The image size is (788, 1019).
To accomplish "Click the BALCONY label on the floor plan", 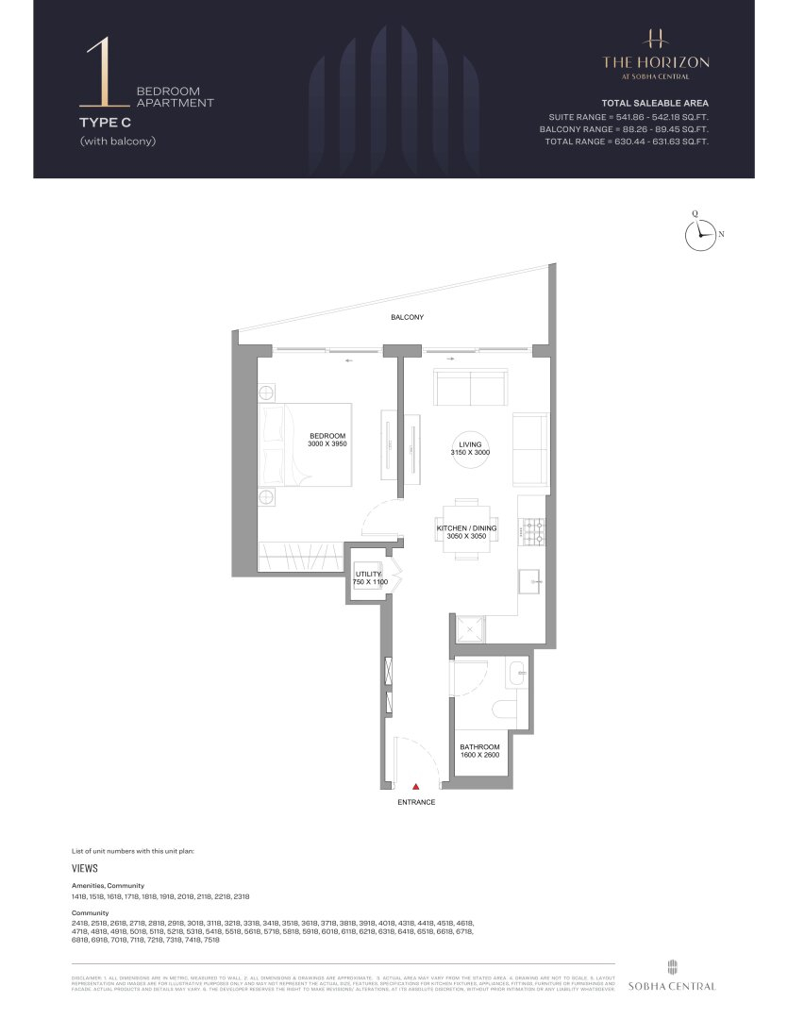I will [408, 318].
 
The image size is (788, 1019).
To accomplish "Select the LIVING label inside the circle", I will [469, 443].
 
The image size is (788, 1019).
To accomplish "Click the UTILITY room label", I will [368, 574].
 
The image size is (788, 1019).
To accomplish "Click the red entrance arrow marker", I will [415, 784].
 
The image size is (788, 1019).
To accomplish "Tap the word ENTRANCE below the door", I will [415, 802].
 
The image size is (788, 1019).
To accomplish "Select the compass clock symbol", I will [699, 235].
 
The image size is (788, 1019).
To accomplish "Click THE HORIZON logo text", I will [656, 61].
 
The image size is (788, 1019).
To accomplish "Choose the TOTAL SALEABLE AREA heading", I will [655, 102].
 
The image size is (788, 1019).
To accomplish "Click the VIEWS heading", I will [85, 867].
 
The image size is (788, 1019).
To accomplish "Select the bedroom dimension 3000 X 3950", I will [329, 443].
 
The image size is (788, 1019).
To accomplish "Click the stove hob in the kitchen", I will [532, 533].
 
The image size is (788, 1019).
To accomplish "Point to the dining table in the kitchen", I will [466, 529].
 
